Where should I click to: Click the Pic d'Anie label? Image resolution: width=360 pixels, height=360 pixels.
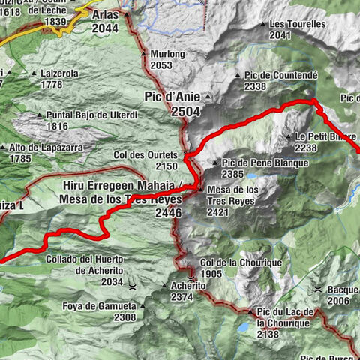pyautogui.click(x=173, y=97)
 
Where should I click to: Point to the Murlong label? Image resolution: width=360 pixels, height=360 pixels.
pyautogui.click(x=166, y=54)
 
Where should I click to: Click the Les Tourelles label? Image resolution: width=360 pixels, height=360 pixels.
pyautogui.click(x=297, y=24)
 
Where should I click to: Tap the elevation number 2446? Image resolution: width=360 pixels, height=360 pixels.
pyautogui.click(x=170, y=213)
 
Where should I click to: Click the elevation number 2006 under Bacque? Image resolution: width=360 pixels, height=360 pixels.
pyautogui.click(x=337, y=300)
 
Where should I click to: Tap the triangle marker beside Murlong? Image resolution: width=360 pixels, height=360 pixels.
pyautogui.click(x=143, y=54)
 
